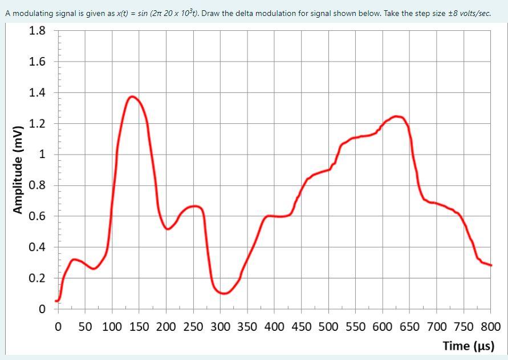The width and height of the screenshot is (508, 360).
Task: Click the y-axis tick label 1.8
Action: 38,31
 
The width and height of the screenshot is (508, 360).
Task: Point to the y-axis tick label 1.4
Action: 38,92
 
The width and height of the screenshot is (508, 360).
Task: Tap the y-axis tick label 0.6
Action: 38,216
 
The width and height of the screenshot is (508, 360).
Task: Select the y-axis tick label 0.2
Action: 38,278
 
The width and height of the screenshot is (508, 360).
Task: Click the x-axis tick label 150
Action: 139,327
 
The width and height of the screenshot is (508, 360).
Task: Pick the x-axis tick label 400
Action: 274,327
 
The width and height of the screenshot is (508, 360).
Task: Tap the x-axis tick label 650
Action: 409,327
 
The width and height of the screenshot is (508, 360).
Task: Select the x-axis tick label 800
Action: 491,327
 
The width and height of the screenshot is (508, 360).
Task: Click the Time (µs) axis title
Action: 468,346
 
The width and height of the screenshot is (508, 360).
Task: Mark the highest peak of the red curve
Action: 133,96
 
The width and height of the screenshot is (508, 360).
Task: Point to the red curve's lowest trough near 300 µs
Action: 224,293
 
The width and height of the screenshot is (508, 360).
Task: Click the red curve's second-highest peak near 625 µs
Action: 397,116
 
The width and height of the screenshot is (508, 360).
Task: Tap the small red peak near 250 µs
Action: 194,206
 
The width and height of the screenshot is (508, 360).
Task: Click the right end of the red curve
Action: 491,265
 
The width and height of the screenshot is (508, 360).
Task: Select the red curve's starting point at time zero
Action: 56,301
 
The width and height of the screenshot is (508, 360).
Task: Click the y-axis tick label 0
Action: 42,310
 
